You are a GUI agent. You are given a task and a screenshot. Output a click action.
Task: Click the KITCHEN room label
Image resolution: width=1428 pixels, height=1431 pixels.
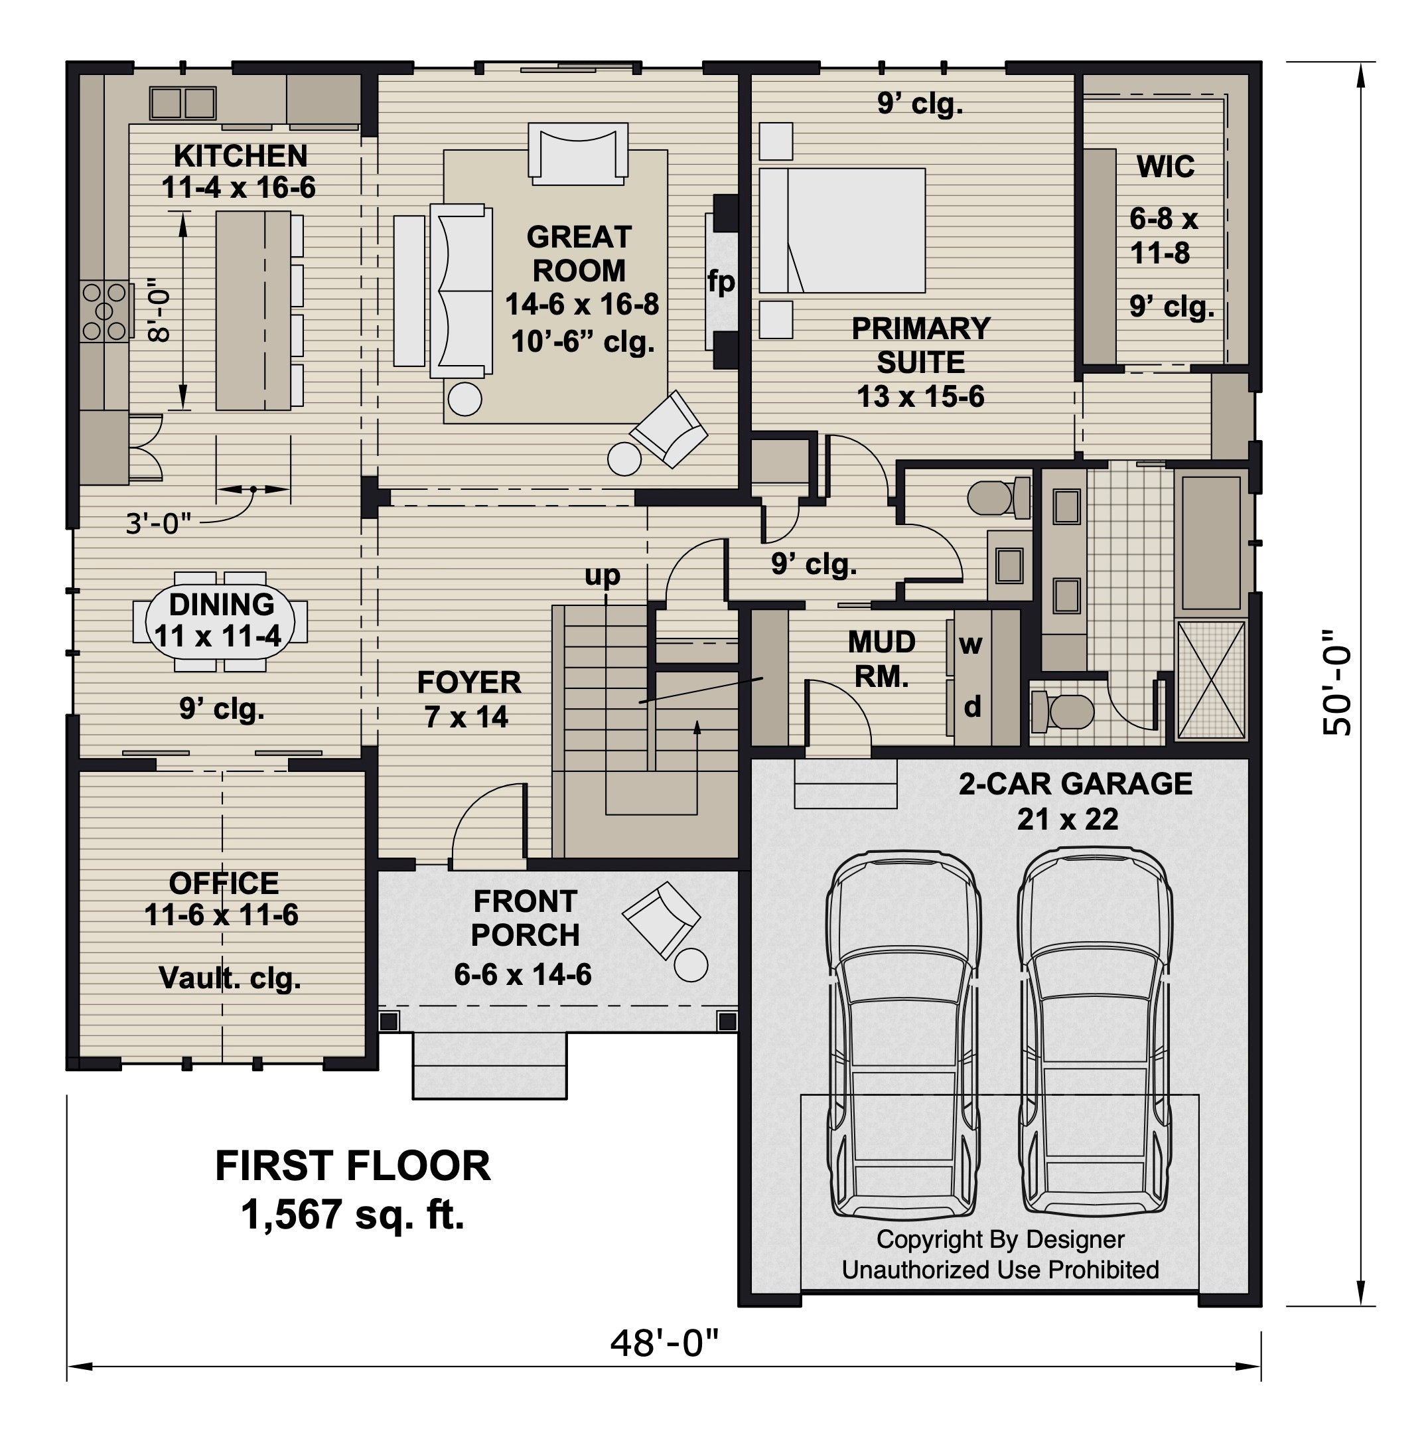coord(241,156)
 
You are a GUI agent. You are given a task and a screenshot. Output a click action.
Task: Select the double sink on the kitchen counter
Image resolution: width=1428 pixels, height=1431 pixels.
coord(182,103)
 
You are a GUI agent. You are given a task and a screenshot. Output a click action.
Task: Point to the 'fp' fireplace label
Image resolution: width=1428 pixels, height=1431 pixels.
coord(721,282)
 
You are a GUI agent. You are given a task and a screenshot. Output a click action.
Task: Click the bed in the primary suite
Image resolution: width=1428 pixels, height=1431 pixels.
coord(842,230)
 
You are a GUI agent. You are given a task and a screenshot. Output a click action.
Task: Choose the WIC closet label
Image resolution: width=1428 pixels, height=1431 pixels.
coord(1166,167)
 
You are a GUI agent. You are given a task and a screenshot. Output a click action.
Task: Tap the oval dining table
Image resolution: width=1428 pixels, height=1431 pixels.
coord(221,621)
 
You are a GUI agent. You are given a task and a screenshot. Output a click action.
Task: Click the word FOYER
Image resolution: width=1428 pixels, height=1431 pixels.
coord(469,682)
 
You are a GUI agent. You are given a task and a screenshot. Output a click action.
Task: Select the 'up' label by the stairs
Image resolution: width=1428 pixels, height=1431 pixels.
coord(602,575)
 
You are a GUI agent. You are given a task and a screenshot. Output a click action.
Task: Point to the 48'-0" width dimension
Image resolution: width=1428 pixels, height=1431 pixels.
coord(664,1342)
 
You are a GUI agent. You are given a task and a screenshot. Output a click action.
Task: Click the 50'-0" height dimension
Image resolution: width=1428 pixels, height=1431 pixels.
coord(1338,683)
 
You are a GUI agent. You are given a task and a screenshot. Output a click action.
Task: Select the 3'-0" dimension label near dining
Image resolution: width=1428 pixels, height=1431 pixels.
coord(158,524)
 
